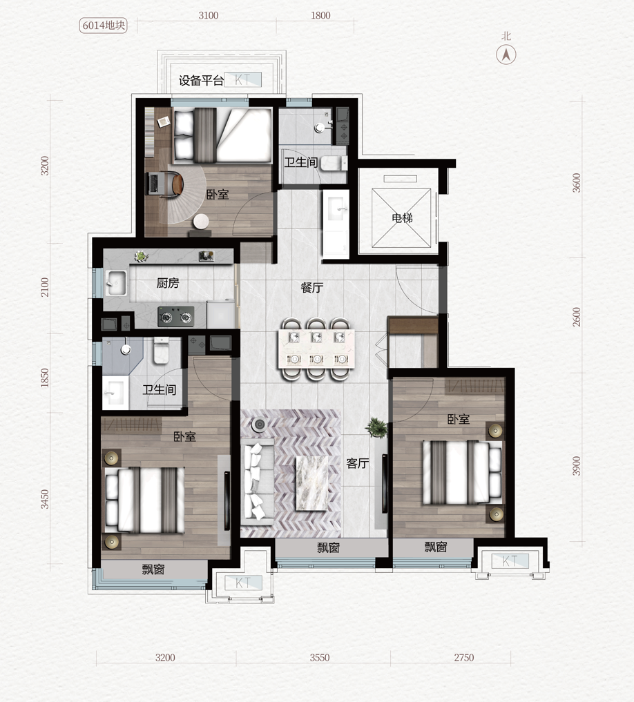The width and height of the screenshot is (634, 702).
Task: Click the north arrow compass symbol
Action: tap(506, 55)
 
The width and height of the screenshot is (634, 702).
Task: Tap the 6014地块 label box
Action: tap(104, 25)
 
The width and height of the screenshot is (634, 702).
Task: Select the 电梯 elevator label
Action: tap(402, 218)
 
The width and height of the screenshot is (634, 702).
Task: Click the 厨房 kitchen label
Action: tap(168, 283)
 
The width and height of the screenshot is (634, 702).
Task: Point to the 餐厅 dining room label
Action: tap(312, 287)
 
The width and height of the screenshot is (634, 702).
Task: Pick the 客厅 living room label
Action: tap(358, 463)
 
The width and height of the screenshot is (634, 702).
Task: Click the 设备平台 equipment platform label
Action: tap(201, 81)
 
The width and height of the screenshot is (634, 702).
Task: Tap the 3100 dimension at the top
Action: tap(209, 15)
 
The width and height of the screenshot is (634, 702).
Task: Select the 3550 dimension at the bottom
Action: tap(320, 658)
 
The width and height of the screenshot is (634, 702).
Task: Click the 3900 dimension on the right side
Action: tap(576, 466)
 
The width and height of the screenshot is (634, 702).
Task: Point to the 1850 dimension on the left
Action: tap(44, 378)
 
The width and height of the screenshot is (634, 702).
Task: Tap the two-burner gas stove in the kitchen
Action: tap(176, 317)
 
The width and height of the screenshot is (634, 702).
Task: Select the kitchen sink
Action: tap(116, 282)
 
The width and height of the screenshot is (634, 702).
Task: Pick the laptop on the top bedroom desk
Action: tap(153, 184)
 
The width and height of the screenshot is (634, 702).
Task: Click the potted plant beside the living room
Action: tap(377, 428)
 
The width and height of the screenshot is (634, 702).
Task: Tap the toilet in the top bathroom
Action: tap(334, 164)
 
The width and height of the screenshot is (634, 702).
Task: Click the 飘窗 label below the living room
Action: tap(329, 547)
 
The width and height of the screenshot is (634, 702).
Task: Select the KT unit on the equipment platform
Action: tap(243, 79)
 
